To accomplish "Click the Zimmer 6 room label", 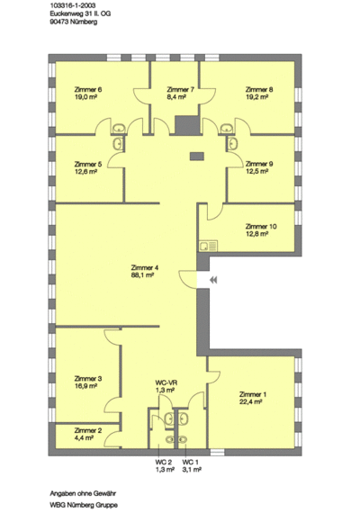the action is [88, 90].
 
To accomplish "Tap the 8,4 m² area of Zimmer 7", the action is [176, 97].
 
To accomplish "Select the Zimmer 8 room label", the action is [259, 90].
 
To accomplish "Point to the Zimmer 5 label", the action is [88, 164].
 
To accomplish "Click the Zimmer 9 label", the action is [259, 164].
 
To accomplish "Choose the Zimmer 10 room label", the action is [261, 227].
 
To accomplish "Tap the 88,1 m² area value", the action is [142, 275].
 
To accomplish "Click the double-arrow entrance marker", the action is [213, 280].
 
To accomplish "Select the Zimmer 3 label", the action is [88, 379].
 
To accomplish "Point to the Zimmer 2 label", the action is [88, 430].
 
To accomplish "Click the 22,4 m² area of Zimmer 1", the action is [250, 402].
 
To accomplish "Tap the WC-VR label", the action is [166, 382].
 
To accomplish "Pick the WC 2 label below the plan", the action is [163, 463].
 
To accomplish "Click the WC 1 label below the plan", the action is [191, 463].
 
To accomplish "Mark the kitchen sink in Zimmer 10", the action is [208, 246].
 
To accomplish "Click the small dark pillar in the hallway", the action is [197, 157].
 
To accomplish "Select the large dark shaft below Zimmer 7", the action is [187, 125].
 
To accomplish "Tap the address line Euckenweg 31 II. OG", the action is [80, 13].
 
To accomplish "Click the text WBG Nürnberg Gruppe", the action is [84, 505].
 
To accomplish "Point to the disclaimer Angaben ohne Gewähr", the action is [83, 493].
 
